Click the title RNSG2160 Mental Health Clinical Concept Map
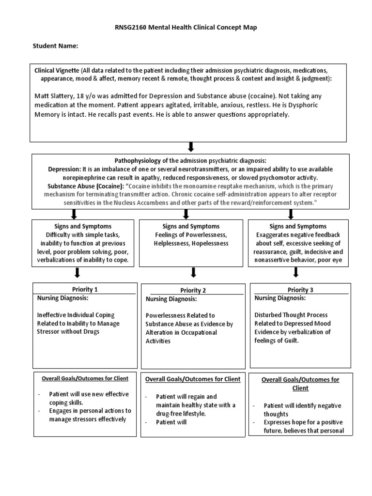pyautogui.click(x=186, y=28)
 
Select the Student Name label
pyautogui.click(x=55, y=46)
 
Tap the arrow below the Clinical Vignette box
pyautogui.click(x=190, y=147)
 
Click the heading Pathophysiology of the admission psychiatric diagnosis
pyautogui.click(x=190, y=160)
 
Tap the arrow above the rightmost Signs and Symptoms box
pyautogui.click(x=291, y=214)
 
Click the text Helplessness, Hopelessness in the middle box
pyautogui.click(x=191, y=244)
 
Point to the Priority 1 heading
pyautogui.click(x=84, y=290)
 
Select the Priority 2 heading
pyautogui.click(x=192, y=291)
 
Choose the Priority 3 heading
pyautogui.click(x=300, y=290)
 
